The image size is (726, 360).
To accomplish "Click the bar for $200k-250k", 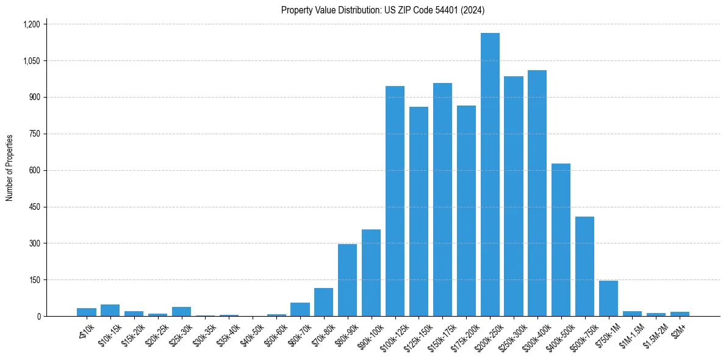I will click(x=490, y=175).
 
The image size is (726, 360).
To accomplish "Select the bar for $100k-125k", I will click(x=395, y=201).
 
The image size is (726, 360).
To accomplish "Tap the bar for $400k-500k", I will click(x=561, y=240).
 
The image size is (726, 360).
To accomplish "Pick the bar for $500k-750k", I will click(x=584, y=267).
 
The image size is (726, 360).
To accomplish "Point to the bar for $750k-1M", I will click(x=608, y=298).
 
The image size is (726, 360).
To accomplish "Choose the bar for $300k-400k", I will click(x=537, y=193).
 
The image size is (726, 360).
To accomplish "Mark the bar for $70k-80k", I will click(x=323, y=302).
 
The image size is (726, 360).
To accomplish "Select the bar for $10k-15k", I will click(x=110, y=310).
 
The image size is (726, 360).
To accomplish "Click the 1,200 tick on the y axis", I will click(x=31, y=24).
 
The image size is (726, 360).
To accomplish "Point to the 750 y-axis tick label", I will click(x=34, y=134).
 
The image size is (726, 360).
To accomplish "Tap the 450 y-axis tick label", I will click(x=34, y=207).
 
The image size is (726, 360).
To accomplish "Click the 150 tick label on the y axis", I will click(x=34, y=280).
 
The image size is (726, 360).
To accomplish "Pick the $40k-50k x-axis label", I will click(x=251, y=333).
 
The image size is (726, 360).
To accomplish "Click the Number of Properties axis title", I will click(x=10, y=168).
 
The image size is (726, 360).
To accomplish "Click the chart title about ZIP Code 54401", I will click(x=383, y=10).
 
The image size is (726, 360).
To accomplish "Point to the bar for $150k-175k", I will click(x=442, y=200).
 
